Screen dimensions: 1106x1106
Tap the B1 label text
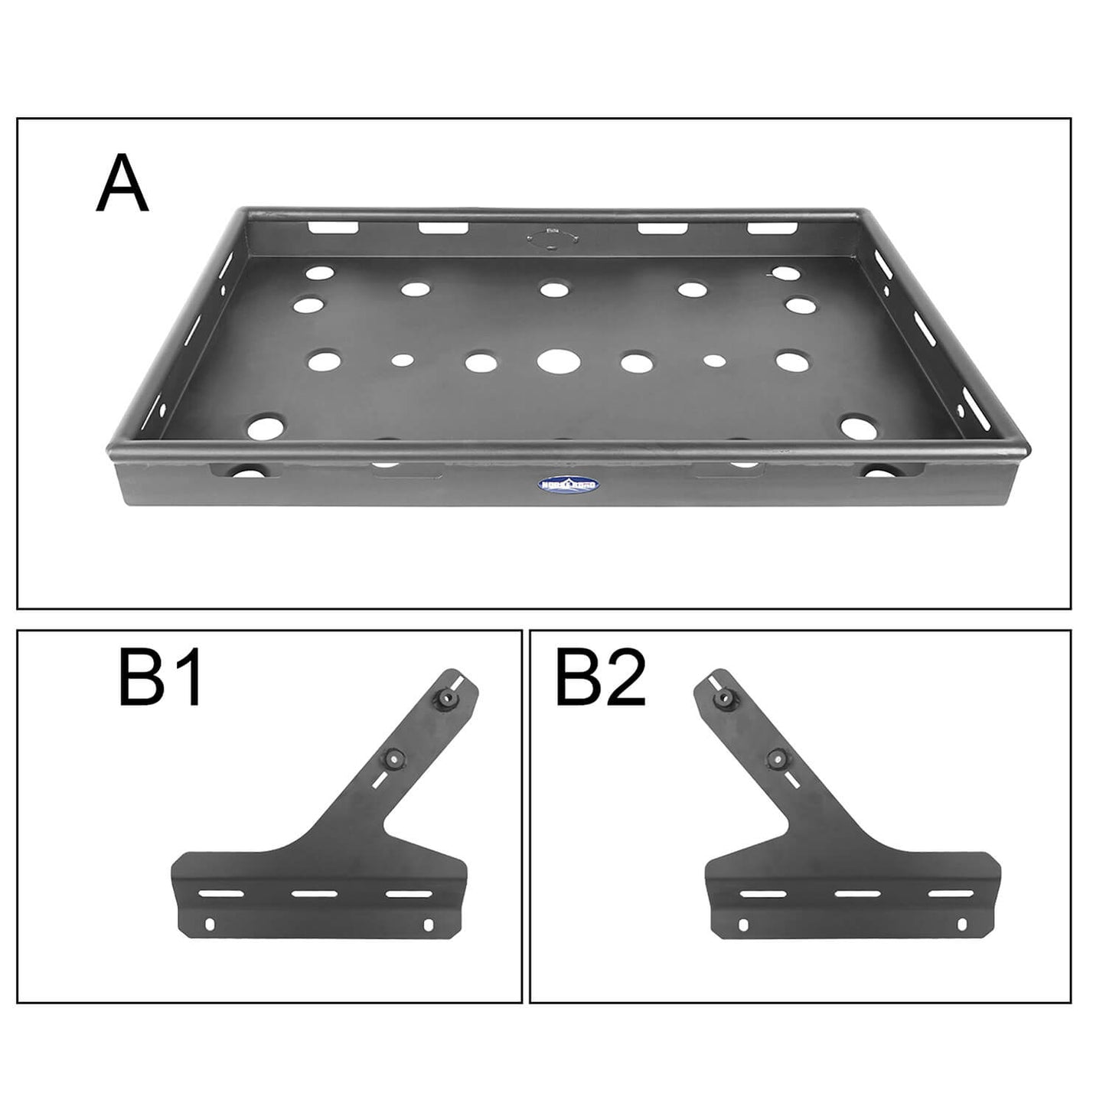click(x=161, y=679)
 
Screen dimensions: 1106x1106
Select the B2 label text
click(x=600, y=679)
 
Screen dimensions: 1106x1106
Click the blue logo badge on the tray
click(x=569, y=484)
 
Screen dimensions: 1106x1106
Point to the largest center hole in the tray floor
click(x=558, y=361)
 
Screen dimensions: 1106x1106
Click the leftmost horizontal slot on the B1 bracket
click(x=221, y=893)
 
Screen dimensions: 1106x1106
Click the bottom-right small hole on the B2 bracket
click(x=961, y=925)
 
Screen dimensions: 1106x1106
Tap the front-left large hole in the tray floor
click(x=265, y=427)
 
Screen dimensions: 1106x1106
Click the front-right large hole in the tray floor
click(x=858, y=427)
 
